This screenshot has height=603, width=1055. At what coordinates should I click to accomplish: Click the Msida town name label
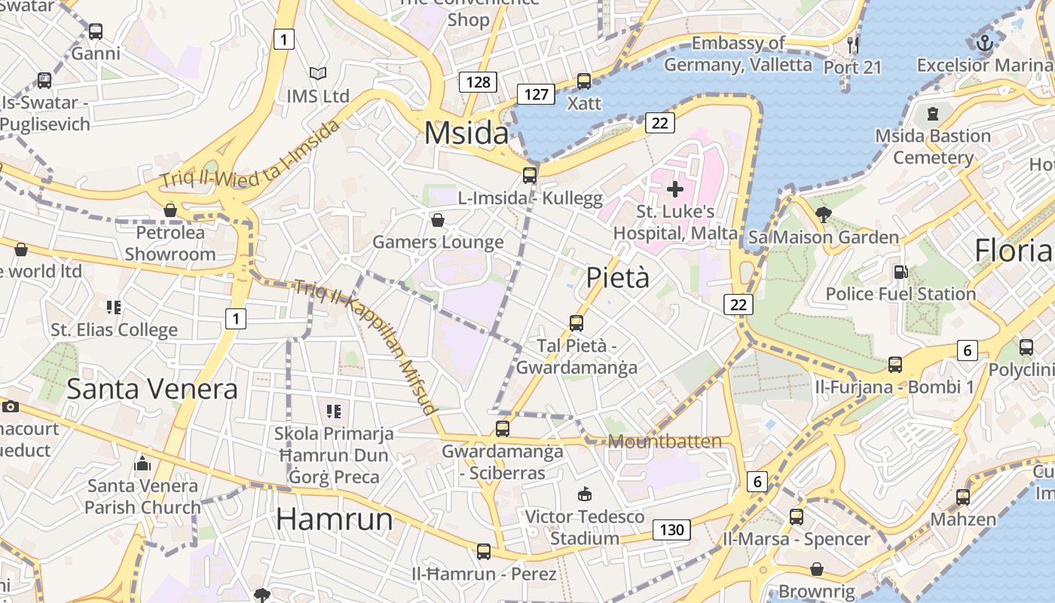[466, 133]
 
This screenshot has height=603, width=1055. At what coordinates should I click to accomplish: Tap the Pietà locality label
[617, 277]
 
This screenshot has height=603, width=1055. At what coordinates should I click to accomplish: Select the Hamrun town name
[334, 519]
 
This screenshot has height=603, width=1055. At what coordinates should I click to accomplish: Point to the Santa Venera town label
[152, 389]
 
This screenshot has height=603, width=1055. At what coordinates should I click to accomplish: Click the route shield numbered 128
[478, 82]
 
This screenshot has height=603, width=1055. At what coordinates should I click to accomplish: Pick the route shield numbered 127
[536, 94]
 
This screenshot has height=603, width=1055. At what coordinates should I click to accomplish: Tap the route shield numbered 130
[671, 530]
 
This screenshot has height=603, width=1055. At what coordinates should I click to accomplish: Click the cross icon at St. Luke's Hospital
[674, 188]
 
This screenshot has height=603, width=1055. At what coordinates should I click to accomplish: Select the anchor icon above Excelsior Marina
[983, 43]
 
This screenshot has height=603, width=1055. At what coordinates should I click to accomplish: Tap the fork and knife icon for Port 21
[852, 44]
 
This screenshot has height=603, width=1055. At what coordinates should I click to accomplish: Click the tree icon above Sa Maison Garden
[823, 215]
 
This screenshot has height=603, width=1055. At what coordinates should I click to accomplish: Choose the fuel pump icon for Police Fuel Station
[900, 271]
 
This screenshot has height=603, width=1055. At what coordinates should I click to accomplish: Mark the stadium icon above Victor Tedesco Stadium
[584, 494]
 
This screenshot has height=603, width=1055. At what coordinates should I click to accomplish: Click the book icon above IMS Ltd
[318, 73]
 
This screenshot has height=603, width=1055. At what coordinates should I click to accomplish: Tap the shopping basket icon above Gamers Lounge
[437, 220]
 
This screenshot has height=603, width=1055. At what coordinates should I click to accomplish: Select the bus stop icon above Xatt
[583, 81]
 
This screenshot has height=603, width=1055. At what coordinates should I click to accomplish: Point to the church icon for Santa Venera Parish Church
[142, 464]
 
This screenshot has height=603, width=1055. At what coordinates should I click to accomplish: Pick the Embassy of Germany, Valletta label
[738, 54]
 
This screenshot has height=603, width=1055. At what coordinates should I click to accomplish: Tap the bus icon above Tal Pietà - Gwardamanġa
[576, 323]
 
